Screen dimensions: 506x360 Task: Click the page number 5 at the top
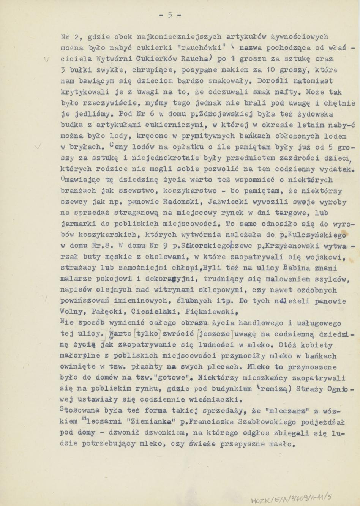(x=169, y=15)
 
